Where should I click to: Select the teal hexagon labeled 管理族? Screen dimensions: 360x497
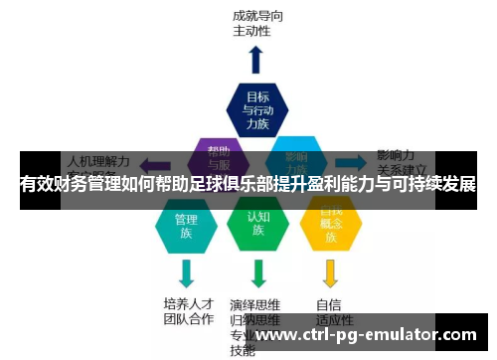tap(186, 225)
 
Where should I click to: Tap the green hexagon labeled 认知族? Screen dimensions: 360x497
tap(257, 224)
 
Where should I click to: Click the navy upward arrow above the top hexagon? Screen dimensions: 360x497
tap(256, 59)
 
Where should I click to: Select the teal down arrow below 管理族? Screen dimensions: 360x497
tap(186, 271)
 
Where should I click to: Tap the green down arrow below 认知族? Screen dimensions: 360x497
tap(258, 271)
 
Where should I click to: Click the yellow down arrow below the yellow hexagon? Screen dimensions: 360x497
tap(331, 271)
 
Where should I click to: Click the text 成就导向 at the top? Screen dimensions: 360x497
tap(259, 16)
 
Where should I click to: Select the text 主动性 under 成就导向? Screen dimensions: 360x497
tap(252, 31)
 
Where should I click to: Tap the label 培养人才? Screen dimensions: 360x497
tap(188, 304)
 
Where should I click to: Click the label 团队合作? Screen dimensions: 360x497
tap(188, 319)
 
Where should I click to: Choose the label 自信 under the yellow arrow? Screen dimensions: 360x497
tap(329, 304)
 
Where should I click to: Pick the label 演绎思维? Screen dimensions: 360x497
tap(255, 304)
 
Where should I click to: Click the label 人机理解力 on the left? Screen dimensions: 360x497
tap(97, 158)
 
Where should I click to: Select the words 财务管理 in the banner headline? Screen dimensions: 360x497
tap(97, 185)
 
